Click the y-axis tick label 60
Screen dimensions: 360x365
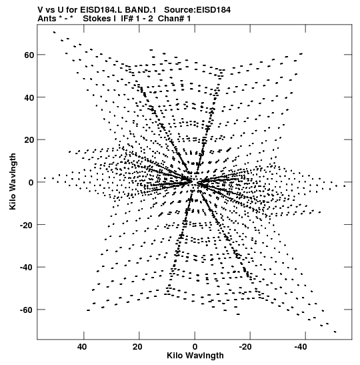(29, 55)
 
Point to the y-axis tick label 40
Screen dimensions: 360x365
(29, 97)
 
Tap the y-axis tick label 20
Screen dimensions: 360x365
(29, 140)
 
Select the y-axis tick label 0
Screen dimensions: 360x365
(31, 183)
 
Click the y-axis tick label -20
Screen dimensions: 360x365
(27, 225)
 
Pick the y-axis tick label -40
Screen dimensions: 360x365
(27, 268)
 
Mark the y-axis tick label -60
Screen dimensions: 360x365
(27, 310)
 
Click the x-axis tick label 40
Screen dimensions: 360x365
(82, 347)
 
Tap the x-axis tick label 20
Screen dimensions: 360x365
(138, 347)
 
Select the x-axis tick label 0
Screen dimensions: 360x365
(195, 347)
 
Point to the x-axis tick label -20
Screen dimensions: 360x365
(245, 347)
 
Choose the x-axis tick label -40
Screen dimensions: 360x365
(301, 347)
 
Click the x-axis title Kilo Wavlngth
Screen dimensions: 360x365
(195, 356)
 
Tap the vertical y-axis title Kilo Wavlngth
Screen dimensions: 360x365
(13, 181)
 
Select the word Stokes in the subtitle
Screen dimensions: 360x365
(97, 19)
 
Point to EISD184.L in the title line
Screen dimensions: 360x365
(101, 10)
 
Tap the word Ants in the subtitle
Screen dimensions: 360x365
(47, 19)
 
